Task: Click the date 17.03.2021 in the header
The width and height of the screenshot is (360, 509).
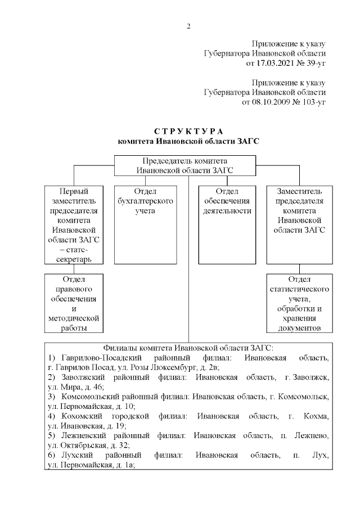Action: point(267,63)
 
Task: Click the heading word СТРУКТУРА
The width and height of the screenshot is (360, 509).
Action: point(188,132)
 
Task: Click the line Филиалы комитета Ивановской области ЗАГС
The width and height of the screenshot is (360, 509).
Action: point(188,348)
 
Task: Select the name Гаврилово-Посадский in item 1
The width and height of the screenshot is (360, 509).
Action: point(93,358)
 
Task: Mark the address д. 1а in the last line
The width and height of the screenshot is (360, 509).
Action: point(125,465)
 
